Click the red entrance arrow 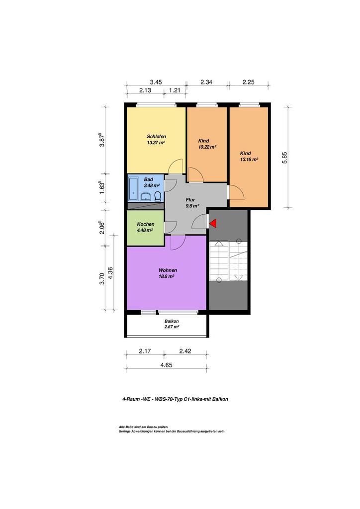(x=213, y=223)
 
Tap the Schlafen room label (x=156, y=136)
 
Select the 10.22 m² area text (x=207, y=147)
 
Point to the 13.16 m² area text (x=249, y=160)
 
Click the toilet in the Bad (x=158, y=196)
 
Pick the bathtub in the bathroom (x=134, y=188)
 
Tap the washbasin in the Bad (x=146, y=197)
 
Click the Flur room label (x=190, y=200)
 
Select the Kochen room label (x=145, y=224)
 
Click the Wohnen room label (x=168, y=270)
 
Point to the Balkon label (x=172, y=321)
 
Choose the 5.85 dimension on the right (x=285, y=158)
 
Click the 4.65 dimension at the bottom (x=166, y=365)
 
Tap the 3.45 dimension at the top (x=156, y=82)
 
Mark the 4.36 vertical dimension (x=110, y=273)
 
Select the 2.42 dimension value (x=185, y=351)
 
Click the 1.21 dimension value (x=175, y=90)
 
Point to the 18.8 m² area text (x=167, y=276)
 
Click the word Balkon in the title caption (x=220, y=399)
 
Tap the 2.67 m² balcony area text (x=172, y=327)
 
